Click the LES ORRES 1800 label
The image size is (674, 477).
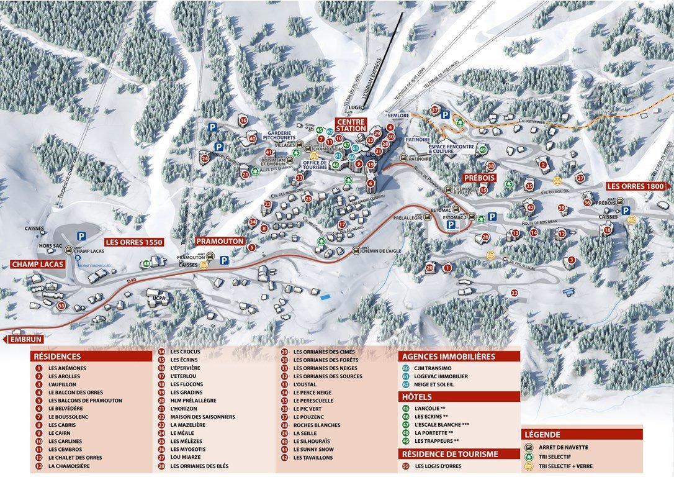(636, 186)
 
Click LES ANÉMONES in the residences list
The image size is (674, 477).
(67, 368)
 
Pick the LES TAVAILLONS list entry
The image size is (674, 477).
(313, 457)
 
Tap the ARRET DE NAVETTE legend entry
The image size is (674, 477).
(564, 447)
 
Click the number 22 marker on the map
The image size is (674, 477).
(514, 293)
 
